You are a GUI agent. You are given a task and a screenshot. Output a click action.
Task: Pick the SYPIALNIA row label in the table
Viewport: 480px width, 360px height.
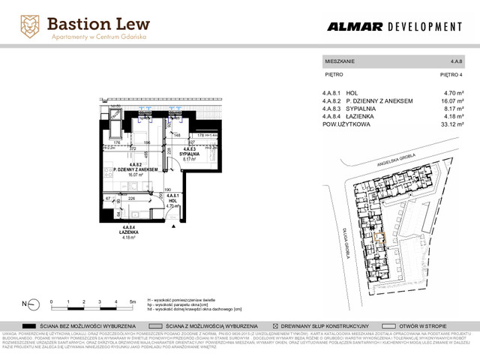coord(367,108)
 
